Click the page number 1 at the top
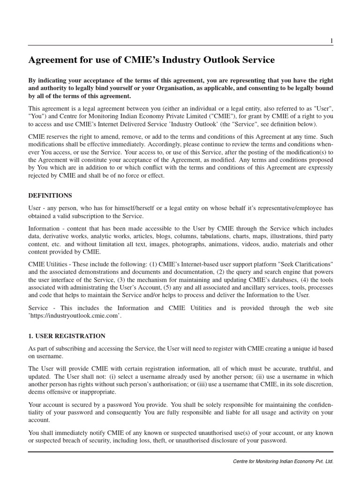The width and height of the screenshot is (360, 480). (x=331, y=41)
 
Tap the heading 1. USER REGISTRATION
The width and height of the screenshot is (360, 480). (x=67, y=336)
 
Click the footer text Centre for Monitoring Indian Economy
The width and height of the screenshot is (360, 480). (x=283, y=461)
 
